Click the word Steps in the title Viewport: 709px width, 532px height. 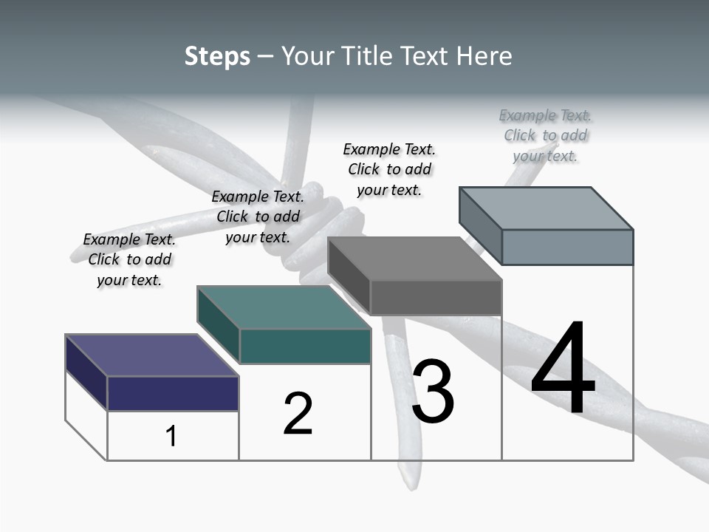217,56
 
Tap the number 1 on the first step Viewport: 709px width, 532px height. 171,436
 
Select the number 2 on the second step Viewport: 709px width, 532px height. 298,413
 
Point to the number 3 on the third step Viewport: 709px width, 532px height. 433,392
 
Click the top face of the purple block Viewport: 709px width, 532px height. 151,355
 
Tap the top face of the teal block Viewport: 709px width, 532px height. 284,307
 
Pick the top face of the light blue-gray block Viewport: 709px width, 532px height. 547,208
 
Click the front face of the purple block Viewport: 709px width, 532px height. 173,393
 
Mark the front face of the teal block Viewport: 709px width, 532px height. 305,346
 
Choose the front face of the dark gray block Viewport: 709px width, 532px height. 436,297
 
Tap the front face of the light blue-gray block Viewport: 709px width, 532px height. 567,247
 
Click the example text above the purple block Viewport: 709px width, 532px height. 129,259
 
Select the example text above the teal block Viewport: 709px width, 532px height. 258,216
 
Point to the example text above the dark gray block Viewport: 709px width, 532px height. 389,169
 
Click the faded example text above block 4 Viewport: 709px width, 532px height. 546,135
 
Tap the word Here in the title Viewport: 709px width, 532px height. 485,56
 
